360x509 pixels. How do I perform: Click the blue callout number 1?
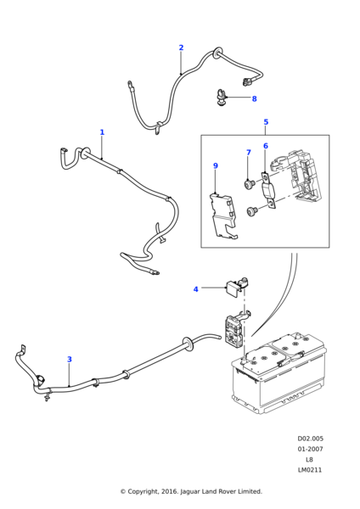(x=102, y=132)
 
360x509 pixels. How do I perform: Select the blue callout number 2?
(x=181, y=48)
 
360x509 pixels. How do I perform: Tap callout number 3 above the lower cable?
(x=70, y=359)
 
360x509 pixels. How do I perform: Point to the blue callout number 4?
(x=195, y=289)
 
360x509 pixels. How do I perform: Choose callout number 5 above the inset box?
(x=266, y=121)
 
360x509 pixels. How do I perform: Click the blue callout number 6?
(x=266, y=146)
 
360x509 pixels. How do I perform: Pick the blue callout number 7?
(x=249, y=152)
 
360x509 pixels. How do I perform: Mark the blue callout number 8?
(x=254, y=98)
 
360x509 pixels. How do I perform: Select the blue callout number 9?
(x=216, y=165)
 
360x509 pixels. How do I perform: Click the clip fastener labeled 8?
(x=220, y=97)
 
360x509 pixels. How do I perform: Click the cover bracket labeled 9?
(x=223, y=215)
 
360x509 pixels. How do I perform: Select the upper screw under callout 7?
(x=250, y=184)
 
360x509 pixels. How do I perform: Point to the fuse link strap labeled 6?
(x=269, y=191)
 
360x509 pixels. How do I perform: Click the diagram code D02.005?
(x=310, y=439)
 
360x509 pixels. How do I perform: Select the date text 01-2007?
(x=310, y=449)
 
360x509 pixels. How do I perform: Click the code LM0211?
(x=310, y=470)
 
